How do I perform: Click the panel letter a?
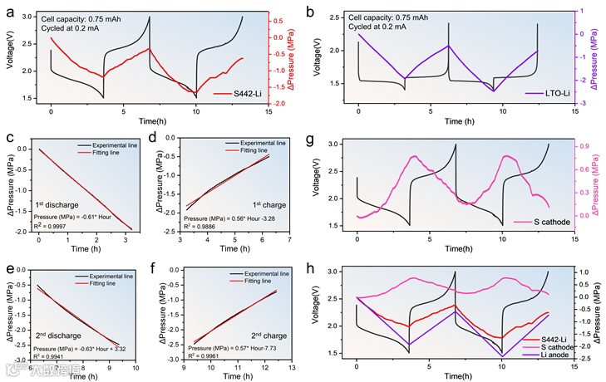(x=10, y=12)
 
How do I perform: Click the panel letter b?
(x=310, y=12)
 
